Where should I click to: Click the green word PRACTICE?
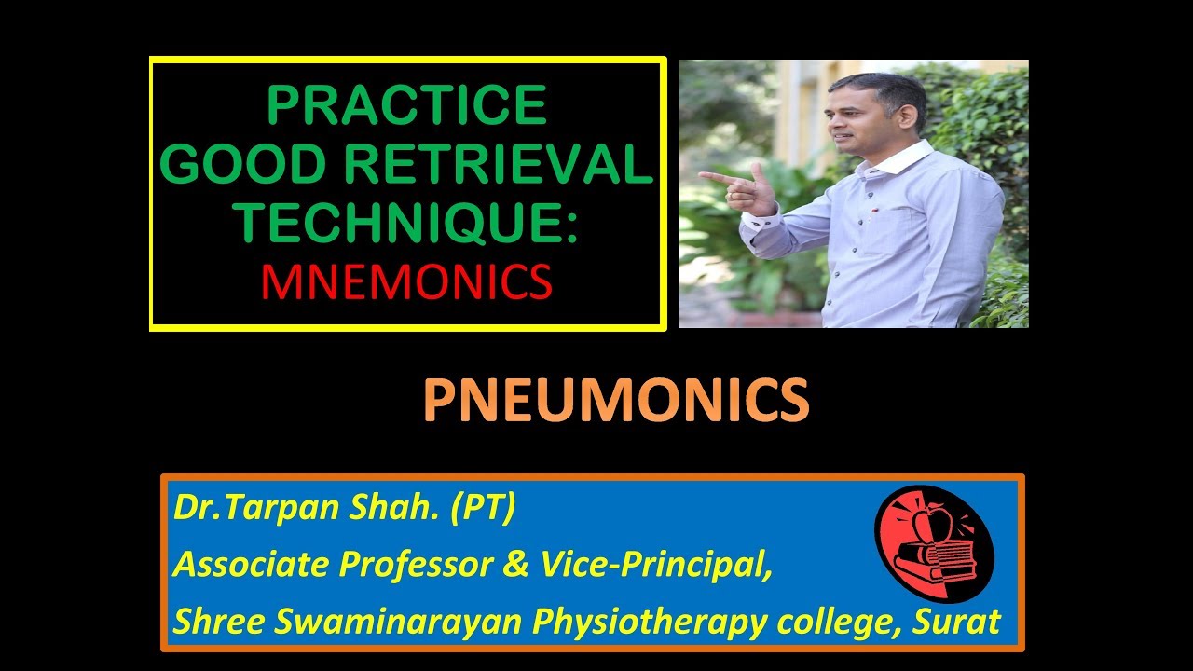tap(407, 105)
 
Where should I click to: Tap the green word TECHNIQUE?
tap(406, 225)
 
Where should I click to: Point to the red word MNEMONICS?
tap(406, 282)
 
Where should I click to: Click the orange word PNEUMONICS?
tap(615, 402)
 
